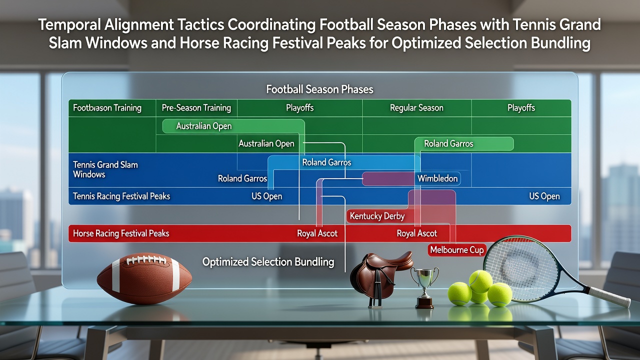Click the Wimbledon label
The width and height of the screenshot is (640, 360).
pos(437,178)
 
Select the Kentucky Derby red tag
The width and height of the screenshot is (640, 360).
pos(377,216)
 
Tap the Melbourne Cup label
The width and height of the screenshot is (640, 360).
pos(457,250)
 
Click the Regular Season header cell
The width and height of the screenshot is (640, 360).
pos(416,107)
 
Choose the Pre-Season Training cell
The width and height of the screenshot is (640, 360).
pos(196,107)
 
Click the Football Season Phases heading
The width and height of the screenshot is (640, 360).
pos(319,89)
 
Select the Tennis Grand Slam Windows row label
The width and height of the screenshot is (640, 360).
pos(105,169)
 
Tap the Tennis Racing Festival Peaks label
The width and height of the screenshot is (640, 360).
pos(121,196)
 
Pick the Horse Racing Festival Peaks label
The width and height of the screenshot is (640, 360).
pos(121,233)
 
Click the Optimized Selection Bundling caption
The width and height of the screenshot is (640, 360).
pos(268,262)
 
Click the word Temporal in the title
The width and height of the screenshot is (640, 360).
pos(69,24)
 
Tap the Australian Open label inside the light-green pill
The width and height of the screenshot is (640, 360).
pos(203,126)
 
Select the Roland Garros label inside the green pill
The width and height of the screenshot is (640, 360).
pos(448,143)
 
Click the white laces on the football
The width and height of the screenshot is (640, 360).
pos(146,259)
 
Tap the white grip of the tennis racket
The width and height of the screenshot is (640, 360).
pos(609,297)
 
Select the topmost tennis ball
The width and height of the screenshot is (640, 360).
pos(480,281)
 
